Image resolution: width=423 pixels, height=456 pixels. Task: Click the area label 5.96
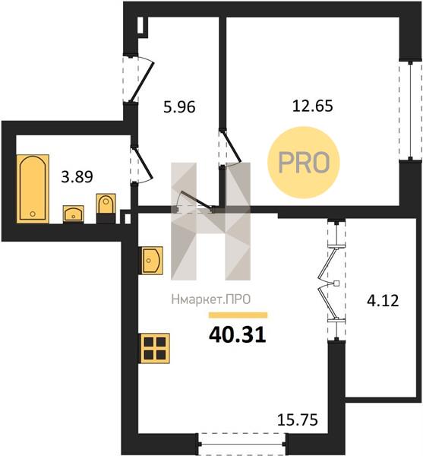[x=179, y=107]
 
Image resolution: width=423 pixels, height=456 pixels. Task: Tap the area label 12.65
[x=313, y=106]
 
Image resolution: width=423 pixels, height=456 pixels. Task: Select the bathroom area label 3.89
[x=77, y=177]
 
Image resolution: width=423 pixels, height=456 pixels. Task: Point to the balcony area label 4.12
[x=383, y=300]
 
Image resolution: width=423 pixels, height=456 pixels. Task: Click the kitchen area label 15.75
[x=298, y=420]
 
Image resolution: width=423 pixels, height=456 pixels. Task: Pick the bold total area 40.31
[x=238, y=334]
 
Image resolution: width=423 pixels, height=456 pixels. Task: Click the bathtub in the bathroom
[x=33, y=188]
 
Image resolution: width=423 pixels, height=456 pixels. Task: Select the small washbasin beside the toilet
[x=74, y=214]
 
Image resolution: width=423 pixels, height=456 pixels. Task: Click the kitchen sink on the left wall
[x=153, y=260]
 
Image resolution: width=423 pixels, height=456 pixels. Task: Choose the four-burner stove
[x=155, y=348]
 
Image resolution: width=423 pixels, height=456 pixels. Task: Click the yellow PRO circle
[x=304, y=163]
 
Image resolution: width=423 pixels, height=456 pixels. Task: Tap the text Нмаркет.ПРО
[x=211, y=299]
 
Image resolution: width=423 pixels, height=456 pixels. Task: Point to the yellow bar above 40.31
[x=238, y=315]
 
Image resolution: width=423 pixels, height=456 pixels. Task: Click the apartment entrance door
[x=137, y=78]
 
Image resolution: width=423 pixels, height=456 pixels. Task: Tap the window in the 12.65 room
[x=410, y=110]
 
